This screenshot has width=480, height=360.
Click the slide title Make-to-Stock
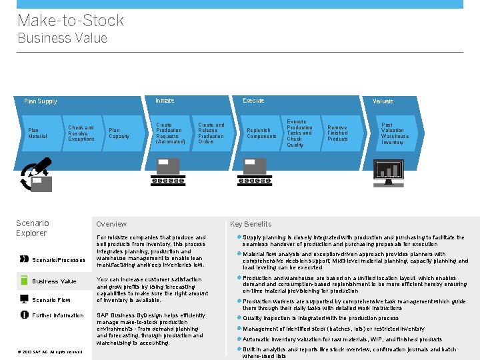pos(70,21)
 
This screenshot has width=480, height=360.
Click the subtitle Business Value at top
pos(62,38)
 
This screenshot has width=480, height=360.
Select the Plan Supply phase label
pos(41,101)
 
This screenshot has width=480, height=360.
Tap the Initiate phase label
pos(165,101)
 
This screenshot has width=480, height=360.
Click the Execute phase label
pos(253,101)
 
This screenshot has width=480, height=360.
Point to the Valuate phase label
pos(383,101)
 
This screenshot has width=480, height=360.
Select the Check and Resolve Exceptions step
pos(81,133)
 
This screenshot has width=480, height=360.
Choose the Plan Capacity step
pos(119,133)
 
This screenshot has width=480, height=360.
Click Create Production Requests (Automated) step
pos(170,133)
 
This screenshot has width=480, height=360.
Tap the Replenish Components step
pos(261,133)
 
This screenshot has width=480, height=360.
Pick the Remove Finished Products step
pos(337,133)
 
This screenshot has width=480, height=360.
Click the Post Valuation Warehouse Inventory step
pos(395,133)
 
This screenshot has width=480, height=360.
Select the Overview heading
pos(111,224)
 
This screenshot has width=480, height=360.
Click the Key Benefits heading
pos(251,224)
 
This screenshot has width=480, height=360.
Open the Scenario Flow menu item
pos(51,300)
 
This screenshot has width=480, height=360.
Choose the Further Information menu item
pos(58,315)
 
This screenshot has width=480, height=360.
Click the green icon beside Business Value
pos(24,281)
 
